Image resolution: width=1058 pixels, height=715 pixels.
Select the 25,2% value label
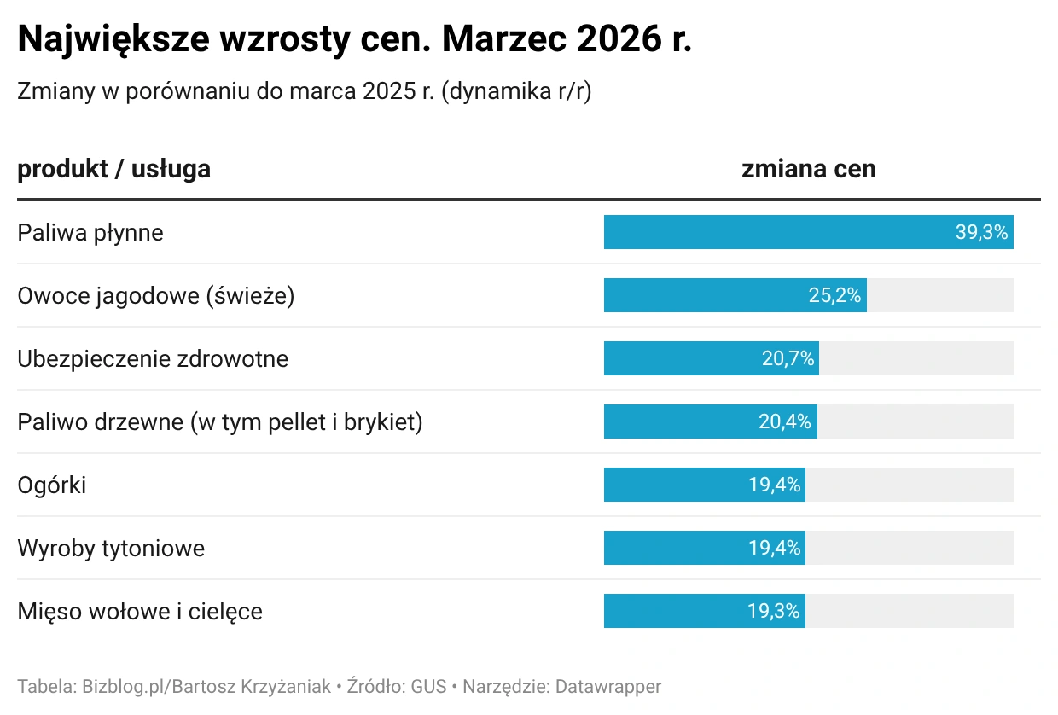click(834, 295)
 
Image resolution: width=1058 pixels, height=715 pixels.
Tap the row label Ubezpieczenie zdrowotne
click(153, 358)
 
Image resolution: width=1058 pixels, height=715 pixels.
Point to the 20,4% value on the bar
click(785, 421)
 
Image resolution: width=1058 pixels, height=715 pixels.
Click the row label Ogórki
click(52, 485)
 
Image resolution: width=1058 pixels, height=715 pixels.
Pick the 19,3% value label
click(774, 611)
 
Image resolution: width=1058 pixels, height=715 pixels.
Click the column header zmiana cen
click(808, 169)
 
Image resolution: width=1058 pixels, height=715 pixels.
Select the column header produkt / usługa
click(113, 169)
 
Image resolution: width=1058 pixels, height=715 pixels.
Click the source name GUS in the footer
click(429, 686)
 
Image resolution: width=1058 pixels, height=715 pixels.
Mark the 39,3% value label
click(981, 232)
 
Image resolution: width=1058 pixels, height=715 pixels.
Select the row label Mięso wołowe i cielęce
click(140, 611)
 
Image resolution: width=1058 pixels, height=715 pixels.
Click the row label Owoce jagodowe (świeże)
click(155, 295)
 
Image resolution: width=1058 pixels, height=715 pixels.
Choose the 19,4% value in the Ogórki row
click(775, 485)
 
